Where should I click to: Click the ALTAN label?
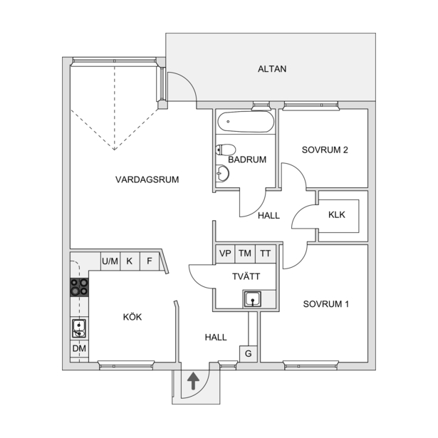(272, 68)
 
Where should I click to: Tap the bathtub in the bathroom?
(246, 122)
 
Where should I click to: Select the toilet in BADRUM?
(226, 150)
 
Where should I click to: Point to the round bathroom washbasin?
(222, 173)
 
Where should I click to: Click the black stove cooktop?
(79, 287)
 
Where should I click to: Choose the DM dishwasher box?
(79, 349)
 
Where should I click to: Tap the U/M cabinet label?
(110, 261)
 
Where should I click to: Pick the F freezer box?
(150, 261)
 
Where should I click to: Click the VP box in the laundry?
(225, 254)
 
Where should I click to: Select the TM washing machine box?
(245, 254)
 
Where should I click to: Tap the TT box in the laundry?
(266, 254)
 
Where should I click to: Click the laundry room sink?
(253, 299)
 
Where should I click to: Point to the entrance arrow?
(193, 381)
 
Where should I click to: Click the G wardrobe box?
(248, 354)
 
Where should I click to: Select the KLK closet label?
(337, 215)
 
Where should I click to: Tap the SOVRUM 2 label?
(325, 150)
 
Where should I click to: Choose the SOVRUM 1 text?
(326, 304)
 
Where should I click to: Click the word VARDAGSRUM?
(147, 179)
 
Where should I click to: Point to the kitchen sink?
(79, 328)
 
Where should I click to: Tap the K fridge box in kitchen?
(130, 261)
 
